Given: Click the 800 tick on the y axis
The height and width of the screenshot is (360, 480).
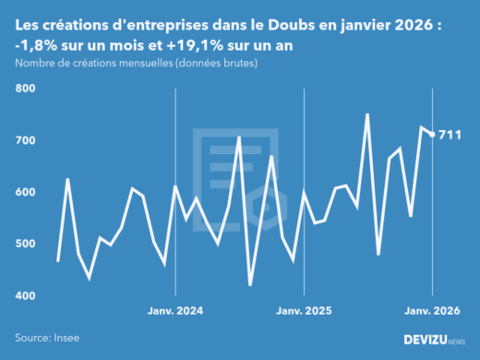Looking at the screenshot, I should coord(25,89).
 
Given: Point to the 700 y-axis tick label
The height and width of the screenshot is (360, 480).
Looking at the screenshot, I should coord(25,140).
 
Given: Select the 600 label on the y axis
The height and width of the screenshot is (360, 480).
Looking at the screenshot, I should coord(25,192).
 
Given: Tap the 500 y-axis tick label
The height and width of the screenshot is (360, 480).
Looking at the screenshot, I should coord(25,244).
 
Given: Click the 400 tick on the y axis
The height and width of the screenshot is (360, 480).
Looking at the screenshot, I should coord(25,295).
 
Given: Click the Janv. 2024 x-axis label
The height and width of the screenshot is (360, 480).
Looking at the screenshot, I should coord(175,311).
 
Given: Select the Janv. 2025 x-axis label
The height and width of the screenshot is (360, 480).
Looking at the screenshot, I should coord(305,311).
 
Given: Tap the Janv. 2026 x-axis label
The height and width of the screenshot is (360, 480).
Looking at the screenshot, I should coord(433,311).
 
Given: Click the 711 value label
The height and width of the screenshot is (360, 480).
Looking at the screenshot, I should coord(450,136).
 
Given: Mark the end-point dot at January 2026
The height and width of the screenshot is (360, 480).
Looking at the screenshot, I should coord(433,135).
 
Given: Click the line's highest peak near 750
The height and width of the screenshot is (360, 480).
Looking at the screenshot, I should coord(367,114).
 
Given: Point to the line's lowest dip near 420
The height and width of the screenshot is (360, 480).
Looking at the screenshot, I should coord(250,284).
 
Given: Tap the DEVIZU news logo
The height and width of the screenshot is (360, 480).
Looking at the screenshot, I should coord(435,340).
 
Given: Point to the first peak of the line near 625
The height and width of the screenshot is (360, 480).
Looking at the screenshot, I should coord(67,179).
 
